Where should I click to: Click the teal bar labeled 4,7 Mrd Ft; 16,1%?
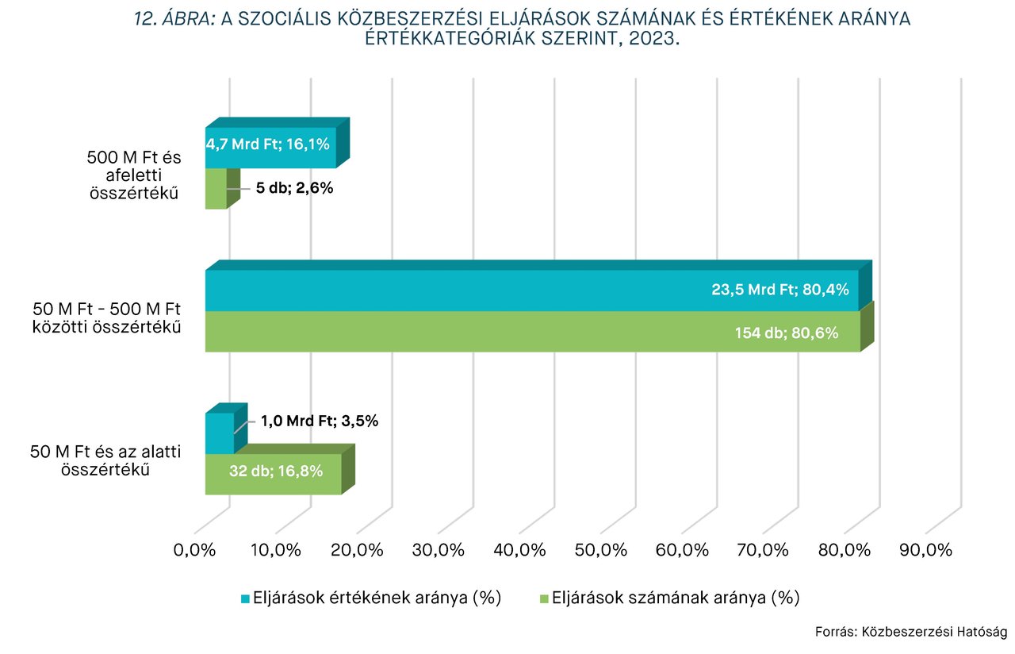pos(270,148)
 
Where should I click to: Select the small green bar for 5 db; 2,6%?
pos(216,189)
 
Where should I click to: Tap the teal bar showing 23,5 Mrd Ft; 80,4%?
pos(531,290)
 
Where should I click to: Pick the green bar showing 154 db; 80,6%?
pos(531,332)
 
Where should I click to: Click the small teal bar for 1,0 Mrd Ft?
pos(220,433)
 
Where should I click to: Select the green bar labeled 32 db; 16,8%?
pos(273,474)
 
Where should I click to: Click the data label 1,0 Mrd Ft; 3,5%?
pos(320,421)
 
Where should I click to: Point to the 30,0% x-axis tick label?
pos(438,550)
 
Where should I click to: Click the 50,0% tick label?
pos(600,550)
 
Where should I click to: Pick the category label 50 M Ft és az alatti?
pos(106,460)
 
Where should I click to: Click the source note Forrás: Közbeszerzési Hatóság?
pos(910,633)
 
